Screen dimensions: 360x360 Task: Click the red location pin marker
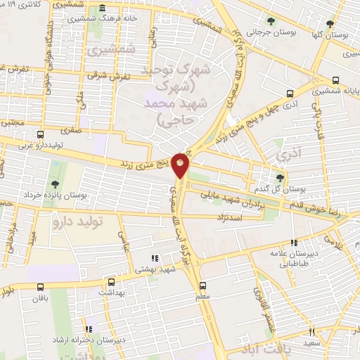point(181,164)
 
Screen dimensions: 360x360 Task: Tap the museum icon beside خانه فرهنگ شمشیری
point(103,9)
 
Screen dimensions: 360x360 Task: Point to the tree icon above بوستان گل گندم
point(281,177)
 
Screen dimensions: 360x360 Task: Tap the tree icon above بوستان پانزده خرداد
point(55,165)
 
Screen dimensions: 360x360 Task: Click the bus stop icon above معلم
point(203,285)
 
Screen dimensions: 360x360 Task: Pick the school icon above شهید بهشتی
point(155,257)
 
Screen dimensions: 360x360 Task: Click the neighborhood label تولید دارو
point(77,221)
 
